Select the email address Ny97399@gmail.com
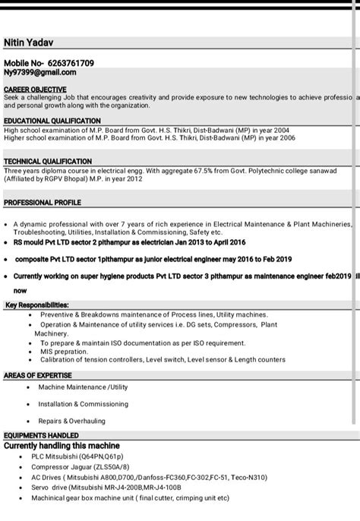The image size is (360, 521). click(x=39, y=72)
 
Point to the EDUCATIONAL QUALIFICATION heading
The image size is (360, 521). click(x=51, y=121)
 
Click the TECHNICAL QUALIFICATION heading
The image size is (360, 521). click(x=47, y=161)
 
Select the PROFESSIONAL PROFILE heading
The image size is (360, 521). click(x=42, y=203)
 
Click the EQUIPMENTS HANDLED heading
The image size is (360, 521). click(x=42, y=435)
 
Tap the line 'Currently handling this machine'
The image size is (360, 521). click(x=62, y=445)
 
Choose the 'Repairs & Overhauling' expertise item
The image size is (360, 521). click(x=72, y=421)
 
